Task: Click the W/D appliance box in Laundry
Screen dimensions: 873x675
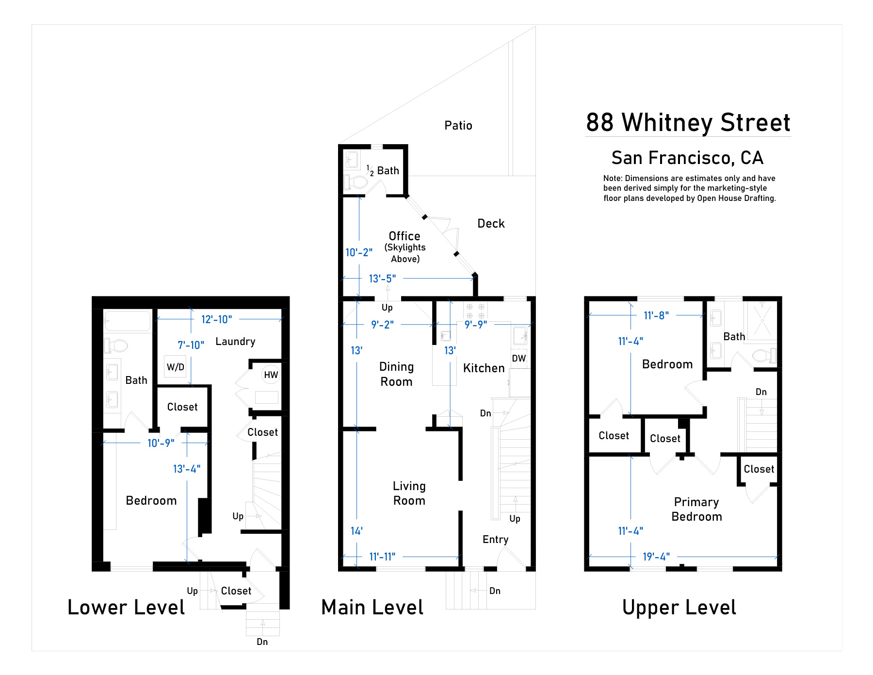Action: tap(175, 367)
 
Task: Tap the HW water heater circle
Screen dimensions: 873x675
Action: tap(271, 375)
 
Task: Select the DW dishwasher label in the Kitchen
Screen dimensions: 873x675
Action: tap(519, 358)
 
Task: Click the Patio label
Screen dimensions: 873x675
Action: tap(458, 125)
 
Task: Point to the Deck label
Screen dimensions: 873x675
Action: tap(491, 223)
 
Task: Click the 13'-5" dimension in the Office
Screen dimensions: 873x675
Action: tap(382, 279)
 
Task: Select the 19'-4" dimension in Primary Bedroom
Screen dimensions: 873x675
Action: tap(656, 557)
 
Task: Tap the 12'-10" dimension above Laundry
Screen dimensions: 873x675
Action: tap(216, 319)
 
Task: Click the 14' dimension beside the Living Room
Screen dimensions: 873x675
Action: tap(356, 531)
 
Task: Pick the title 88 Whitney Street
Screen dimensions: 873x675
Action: tap(688, 122)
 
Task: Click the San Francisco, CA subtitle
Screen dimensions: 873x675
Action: tap(687, 158)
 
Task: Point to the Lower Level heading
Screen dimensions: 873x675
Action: tap(126, 607)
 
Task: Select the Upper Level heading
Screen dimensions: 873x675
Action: tap(679, 608)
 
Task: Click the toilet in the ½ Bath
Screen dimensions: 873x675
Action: tap(356, 182)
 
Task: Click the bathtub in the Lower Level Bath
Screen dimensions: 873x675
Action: tap(128, 321)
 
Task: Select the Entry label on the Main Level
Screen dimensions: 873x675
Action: tap(496, 540)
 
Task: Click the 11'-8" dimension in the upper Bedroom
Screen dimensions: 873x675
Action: tap(656, 315)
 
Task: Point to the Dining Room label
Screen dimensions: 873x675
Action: tap(396, 374)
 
